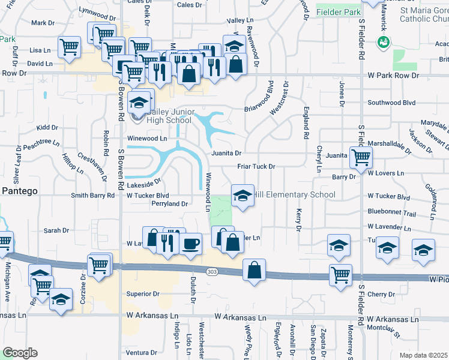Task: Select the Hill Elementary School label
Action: coord(294,194)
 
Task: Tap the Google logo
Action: coord(19,352)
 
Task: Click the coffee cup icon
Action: coord(191,244)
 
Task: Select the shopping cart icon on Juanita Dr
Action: coord(361,157)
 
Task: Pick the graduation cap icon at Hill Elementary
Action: coord(243,196)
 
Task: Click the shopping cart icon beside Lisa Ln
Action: coord(70,46)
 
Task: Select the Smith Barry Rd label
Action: coord(93,196)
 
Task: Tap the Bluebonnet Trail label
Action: coord(391,213)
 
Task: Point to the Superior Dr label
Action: coord(142,294)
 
